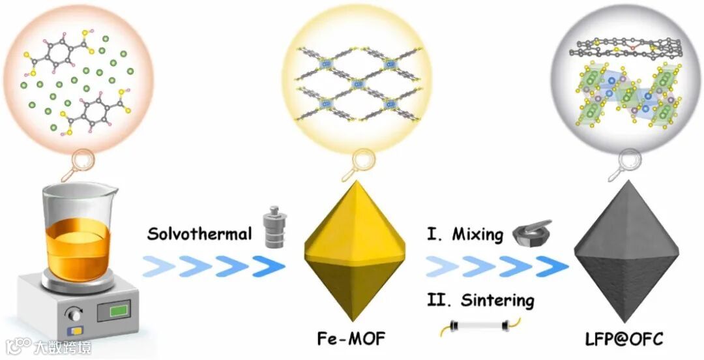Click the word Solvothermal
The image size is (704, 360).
click(199, 233)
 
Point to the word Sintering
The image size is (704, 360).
click(497, 301)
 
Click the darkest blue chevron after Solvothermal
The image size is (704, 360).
click(267, 266)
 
